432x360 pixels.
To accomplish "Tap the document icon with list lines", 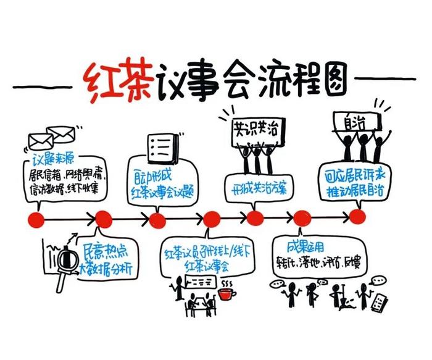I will click(162, 148).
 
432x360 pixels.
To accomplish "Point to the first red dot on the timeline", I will click(37, 218).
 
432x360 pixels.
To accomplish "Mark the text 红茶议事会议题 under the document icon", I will click(162, 191).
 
